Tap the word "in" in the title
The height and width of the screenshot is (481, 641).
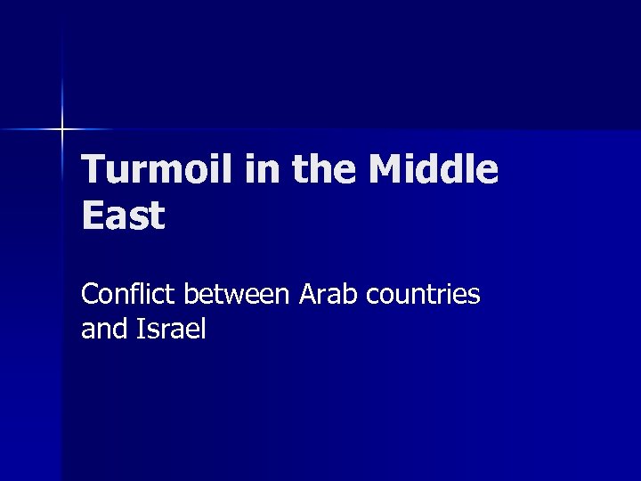pos(260,169)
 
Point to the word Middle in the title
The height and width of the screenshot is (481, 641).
pos(433,169)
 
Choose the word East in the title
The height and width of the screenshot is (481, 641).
pos(123,216)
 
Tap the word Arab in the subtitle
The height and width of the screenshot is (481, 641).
pos(326,294)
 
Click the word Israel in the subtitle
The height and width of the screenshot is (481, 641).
pos(171,330)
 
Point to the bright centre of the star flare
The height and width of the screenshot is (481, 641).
pos(61,130)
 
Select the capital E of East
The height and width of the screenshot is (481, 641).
pos(92,216)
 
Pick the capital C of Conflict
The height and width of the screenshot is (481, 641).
pos(90,294)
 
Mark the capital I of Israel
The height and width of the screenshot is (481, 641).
pos(140,330)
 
